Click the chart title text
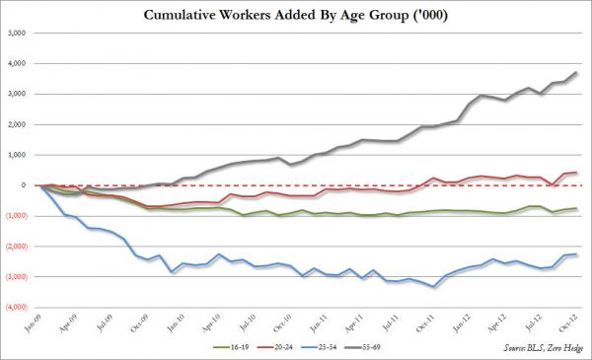click(x=296, y=15)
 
